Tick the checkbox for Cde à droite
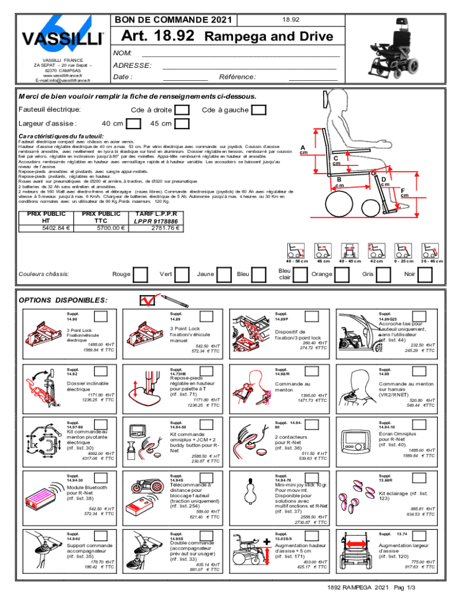pos(183,110)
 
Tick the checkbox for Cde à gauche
pos(259,110)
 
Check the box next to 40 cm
pos(135,124)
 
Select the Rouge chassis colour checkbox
pos(141,274)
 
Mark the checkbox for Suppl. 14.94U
pos(101,535)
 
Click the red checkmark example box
pos(146,300)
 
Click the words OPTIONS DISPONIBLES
pos(63,300)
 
